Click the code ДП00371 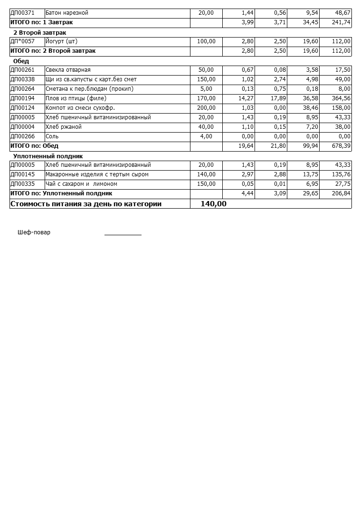[x=22, y=13]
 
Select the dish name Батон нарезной [x=67, y=13]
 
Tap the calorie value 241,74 [x=341, y=22]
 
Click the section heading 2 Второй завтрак [x=39, y=32]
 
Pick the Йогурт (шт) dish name [x=61, y=41]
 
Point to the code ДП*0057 [x=22, y=41]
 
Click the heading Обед [x=21, y=61]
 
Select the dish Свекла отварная [x=68, y=70]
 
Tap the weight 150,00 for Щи [x=206, y=79]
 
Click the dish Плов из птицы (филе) [x=76, y=98]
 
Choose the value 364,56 [x=341, y=98]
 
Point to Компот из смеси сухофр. [x=80, y=108]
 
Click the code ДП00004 [x=22, y=127]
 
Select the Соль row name [x=52, y=136]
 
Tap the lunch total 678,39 [x=341, y=146]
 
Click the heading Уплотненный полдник [x=48, y=156]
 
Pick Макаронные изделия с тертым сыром [x=97, y=174]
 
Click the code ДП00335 [x=22, y=184]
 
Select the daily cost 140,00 [x=213, y=204]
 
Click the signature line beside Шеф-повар [x=123, y=234]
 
